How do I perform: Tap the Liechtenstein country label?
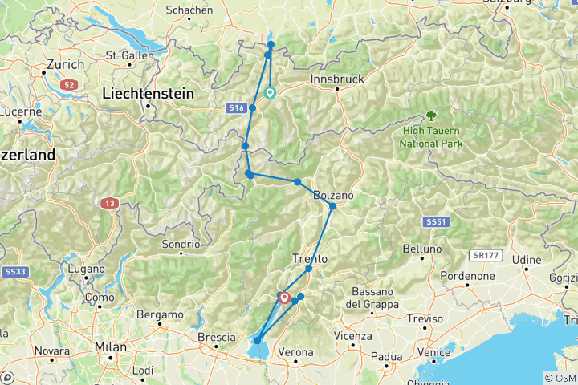(x=149, y=94)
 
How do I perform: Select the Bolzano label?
(x=332, y=194)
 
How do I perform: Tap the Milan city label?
(x=111, y=346)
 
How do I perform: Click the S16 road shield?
(x=235, y=107)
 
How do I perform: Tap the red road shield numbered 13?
(x=109, y=205)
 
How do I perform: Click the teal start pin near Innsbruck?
(x=271, y=93)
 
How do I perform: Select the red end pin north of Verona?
(x=284, y=298)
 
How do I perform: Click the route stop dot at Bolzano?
(x=332, y=206)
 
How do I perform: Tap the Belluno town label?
(x=422, y=249)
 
